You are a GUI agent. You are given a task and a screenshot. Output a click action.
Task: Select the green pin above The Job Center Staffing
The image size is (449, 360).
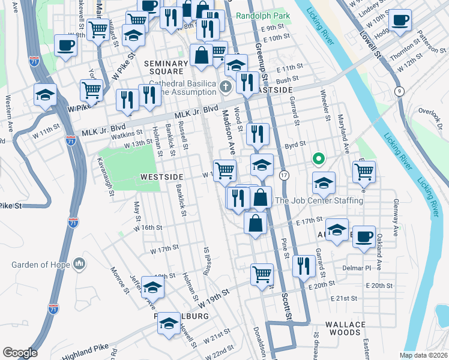[x=319, y=160]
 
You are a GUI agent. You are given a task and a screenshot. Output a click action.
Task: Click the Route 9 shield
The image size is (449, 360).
[x=399, y=91]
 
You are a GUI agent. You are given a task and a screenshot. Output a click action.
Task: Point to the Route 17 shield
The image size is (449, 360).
[x=284, y=175]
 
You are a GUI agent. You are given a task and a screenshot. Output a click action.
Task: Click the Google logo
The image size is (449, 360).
[x=20, y=353]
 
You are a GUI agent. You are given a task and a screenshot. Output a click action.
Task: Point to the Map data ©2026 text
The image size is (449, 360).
[x=424, y=355]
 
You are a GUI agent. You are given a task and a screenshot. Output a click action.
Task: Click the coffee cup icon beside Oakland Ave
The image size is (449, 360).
[x=364, y=236]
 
